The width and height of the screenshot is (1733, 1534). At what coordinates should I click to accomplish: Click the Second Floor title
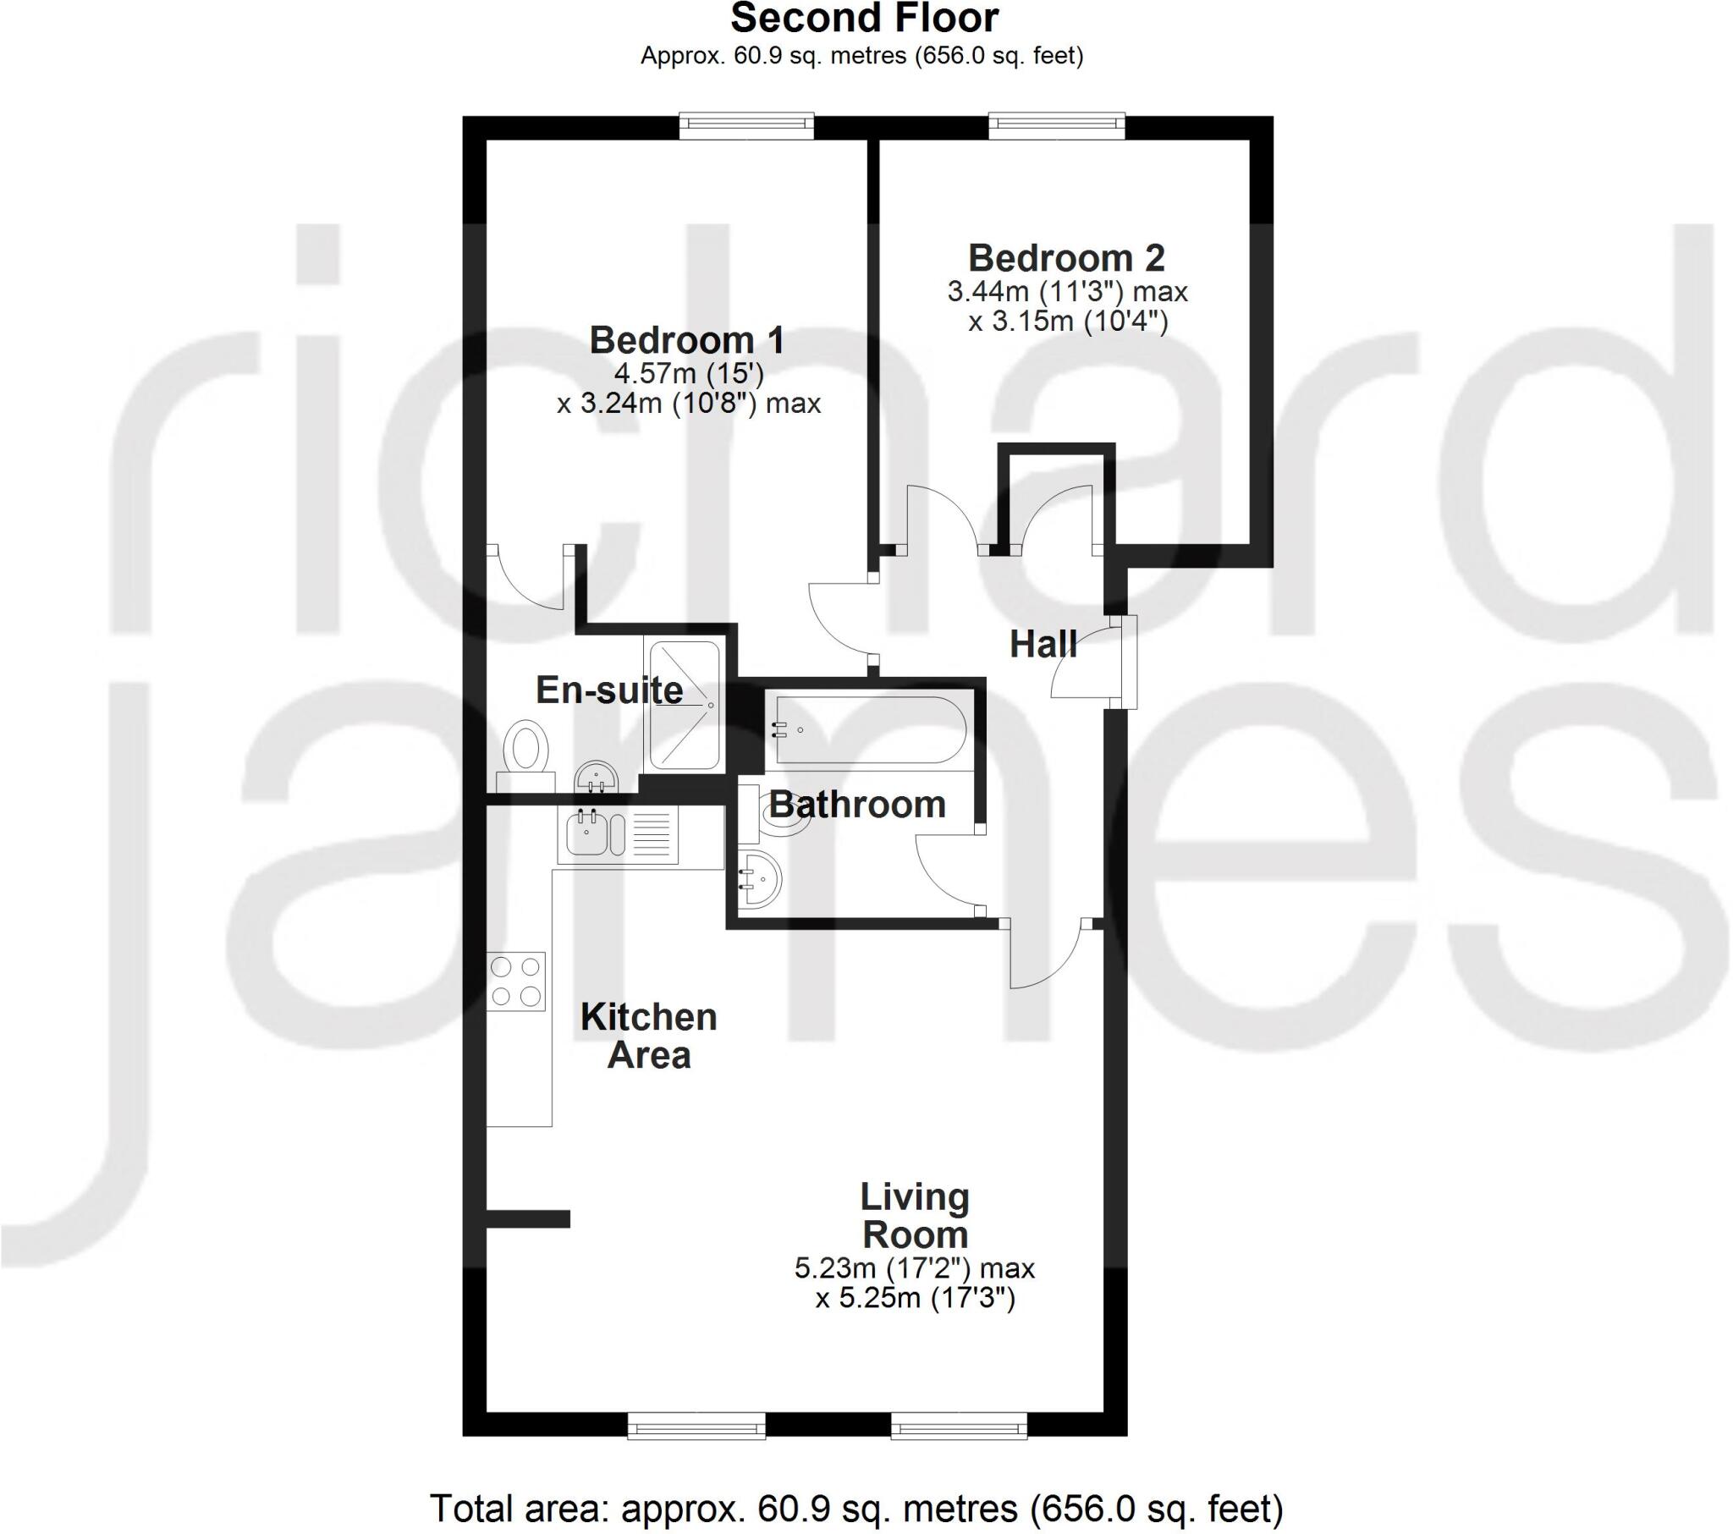(864, 19)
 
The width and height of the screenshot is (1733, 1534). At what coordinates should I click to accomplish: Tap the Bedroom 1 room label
(687, 340)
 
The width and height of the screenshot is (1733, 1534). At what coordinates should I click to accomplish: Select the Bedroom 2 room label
(1066, 258)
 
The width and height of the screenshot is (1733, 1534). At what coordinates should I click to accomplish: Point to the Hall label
(1043, 645)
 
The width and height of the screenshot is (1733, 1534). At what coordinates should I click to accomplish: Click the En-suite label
(608, 690)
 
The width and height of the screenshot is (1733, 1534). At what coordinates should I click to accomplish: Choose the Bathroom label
(857, 804)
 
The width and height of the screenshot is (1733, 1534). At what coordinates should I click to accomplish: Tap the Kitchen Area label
(648, 1036)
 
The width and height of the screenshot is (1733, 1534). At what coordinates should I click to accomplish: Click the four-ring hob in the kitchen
(515, 981)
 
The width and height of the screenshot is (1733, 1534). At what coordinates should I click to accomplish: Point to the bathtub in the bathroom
(869, 729)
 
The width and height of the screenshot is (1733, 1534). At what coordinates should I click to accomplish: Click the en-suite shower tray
(684, 706)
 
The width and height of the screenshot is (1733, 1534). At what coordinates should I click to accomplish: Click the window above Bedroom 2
(1056, 126)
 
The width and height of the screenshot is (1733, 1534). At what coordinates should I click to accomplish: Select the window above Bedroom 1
(746, 126)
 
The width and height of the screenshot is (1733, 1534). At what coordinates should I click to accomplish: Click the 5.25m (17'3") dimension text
(915, 1298)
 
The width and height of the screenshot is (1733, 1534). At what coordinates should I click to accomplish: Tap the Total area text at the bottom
(856, 1509)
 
